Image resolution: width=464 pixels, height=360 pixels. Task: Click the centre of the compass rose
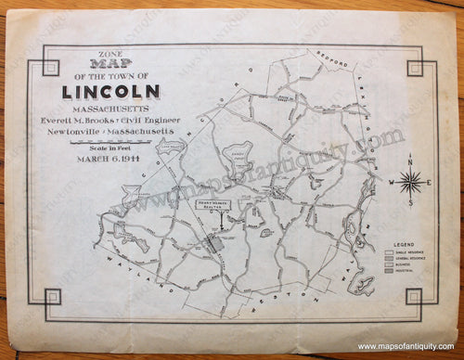pyautogui.click(x=408, y=180)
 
